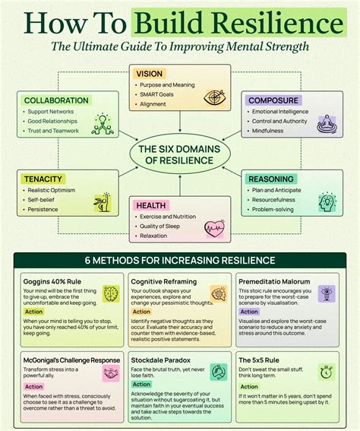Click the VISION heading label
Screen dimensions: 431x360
click(x=149, y=74)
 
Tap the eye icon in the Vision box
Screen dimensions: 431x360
click(x=215, y=97)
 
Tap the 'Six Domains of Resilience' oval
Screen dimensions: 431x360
click(x=179, y=154)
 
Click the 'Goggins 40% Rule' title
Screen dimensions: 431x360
click(x=52, y=282)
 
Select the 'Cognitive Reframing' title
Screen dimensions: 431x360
click(x=164, y=282)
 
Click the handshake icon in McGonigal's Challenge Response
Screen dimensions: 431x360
click(x=110, y=374)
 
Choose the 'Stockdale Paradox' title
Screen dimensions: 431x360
click(x=160, y=360)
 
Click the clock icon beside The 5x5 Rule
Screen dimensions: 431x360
click(x=327, y=372)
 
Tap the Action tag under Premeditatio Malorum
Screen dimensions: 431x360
click(x=249, y=311)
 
